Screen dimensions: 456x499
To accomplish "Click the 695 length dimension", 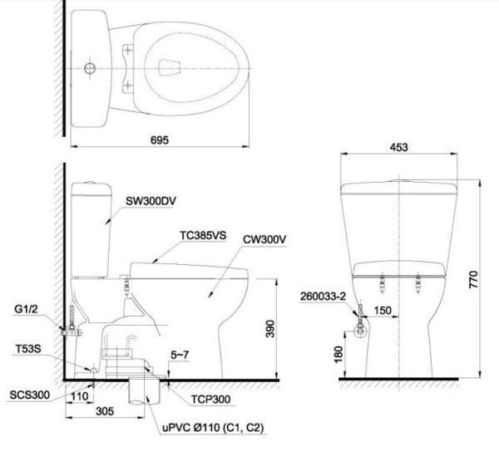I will click(x=160, y=140).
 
